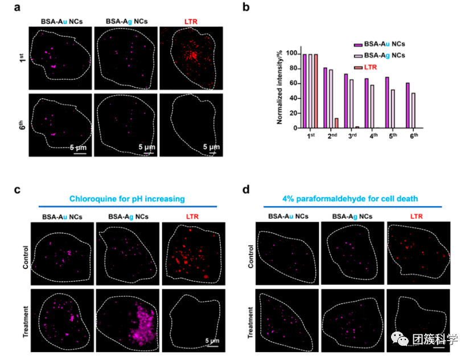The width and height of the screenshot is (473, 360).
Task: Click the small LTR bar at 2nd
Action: coord(336,123)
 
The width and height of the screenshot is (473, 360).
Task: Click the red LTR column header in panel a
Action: coord(190,21)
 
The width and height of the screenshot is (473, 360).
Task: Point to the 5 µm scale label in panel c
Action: coord(212,341)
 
